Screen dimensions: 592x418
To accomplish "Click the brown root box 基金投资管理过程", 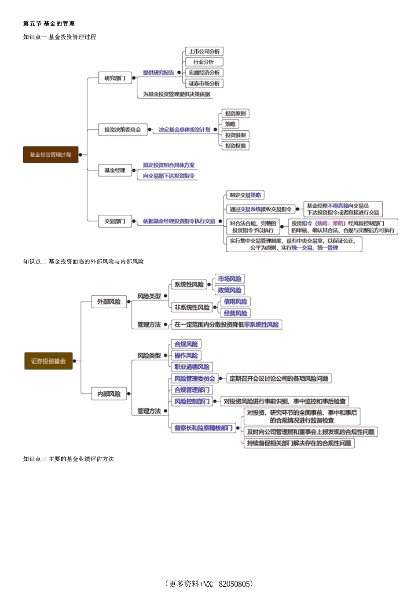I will coord(51,154).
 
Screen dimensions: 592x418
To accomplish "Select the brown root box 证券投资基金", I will coord(48,361).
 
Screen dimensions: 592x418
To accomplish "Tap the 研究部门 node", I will coord(114,78).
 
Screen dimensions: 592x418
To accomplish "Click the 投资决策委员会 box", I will coord(122,129).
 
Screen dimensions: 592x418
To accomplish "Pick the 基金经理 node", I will coord(114,170).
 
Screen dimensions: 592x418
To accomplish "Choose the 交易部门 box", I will coord(114,221).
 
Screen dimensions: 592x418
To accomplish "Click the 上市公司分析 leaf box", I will coord(204,51).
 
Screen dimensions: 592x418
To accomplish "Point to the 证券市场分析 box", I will coord(204,83).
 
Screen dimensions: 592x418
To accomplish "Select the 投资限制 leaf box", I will coord(235,135).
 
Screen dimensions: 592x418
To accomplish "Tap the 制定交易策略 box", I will coord(245,195).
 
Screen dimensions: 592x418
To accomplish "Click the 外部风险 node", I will coord(109,302).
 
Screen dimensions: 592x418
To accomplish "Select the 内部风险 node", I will coord(109,394).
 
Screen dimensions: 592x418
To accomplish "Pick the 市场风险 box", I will coord(230,279).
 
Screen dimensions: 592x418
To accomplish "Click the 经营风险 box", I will coord(235,313).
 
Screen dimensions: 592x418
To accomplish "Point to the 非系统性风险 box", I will coord(192,307).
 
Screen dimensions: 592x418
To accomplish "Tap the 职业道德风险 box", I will coord(192,367).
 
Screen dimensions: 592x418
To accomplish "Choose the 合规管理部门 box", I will coord(192,390).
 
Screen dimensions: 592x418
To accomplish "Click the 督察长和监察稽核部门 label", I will coord(203,427).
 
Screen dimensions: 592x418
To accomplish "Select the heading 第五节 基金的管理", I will coord(49,23).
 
